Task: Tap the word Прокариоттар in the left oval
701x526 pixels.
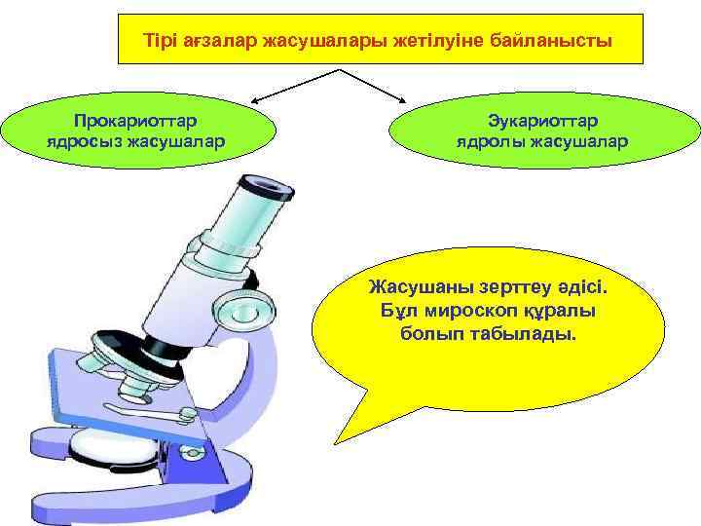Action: click(x=136, y=120)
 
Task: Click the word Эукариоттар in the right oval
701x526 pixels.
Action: click(x=543, y=120)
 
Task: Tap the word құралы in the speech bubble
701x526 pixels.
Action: click(x=569, y=311)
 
